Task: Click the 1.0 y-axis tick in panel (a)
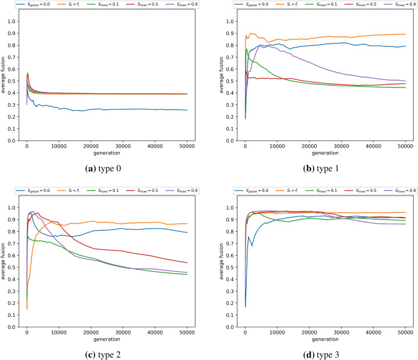(x=14, y=21)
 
